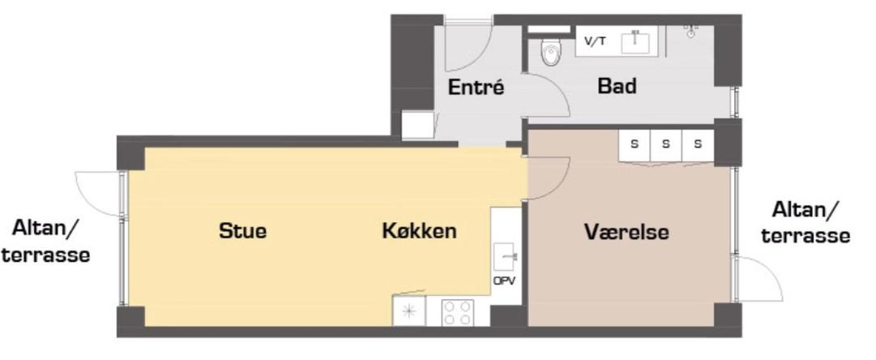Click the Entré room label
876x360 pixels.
click(476, 88)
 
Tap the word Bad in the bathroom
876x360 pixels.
click(617, 85)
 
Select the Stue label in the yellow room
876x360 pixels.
click(242, 231)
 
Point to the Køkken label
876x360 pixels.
click(419, 231)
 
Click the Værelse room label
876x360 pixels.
click(626, 232)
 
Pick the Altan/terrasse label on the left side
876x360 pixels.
click(45, 241)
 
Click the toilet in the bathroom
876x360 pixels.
click(551, 53)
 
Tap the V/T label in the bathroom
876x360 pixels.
click(595, 41)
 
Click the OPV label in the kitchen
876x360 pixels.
click(504, 281)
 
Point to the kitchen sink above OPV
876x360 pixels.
click(506, 257)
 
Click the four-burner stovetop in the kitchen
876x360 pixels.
click(458, 312)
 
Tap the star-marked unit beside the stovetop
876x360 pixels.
click(409, 312)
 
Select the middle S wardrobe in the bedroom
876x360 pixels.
click(665, 144)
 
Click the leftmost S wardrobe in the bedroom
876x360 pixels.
click(635, 144)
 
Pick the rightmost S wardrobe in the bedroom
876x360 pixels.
click(697, 144)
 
